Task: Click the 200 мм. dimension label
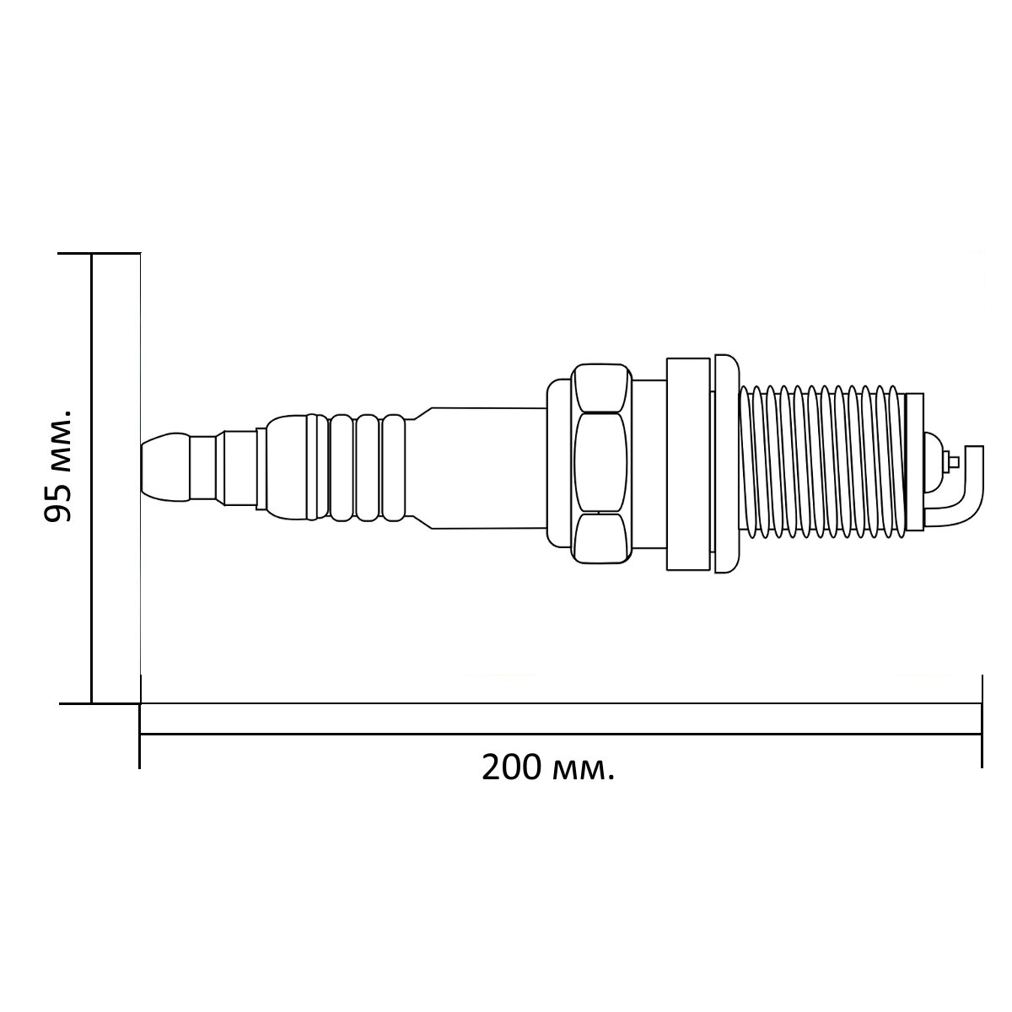pos(547,769)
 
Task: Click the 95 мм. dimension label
pos(57,466)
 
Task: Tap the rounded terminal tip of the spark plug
pos(165,466)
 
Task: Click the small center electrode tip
pos(954,462)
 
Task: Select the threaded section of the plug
pos(823,464)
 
